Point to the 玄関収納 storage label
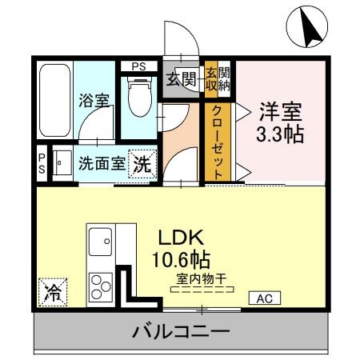[x=217, y=78]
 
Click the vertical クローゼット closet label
[x=218, y=144]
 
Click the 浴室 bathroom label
[x=94, y=102]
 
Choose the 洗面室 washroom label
[x=102, y=164]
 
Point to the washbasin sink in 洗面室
[x=62, y=163]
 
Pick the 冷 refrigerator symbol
[x=52, y=291]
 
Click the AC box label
[x=265, y=298]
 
